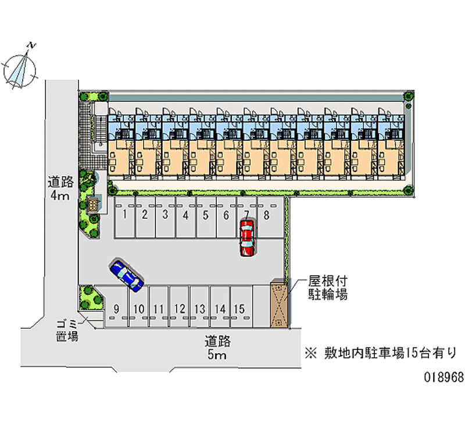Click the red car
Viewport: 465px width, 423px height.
coord(247,237)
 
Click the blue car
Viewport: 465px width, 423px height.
coord(126,275)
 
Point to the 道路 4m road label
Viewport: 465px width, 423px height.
coord(59,189)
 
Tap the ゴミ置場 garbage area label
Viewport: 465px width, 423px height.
coord(67,330)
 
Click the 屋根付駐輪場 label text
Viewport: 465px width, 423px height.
coord(327,288)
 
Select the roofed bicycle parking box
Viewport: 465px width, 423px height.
coord(278,305)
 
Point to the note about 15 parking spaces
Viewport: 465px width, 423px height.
coord(381,353)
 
